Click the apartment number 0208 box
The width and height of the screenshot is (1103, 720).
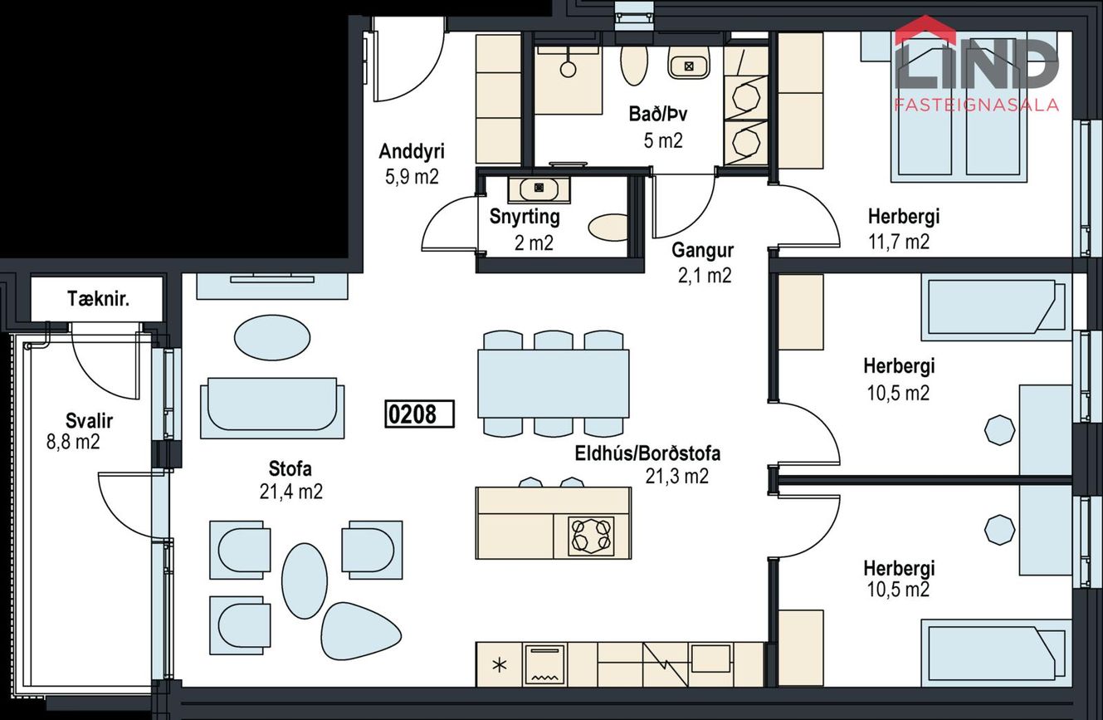tap(419, 414)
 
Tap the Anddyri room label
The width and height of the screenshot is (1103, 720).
tap(412, 151)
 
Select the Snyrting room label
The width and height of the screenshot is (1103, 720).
tap(525, 217)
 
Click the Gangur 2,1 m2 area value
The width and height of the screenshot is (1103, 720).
tap(705, 276)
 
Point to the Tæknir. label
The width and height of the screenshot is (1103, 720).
tap(99, 299)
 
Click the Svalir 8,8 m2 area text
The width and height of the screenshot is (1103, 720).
tap(73, 442)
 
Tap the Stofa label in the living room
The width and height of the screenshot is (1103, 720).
tap(290, 468)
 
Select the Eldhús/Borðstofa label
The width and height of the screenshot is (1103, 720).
tap(647, 453)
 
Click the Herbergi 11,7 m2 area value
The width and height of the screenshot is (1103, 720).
tap(899, 242)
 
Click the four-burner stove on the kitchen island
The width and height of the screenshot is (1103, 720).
tap(591, 535)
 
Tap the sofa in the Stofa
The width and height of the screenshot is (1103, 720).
tap(272, 408)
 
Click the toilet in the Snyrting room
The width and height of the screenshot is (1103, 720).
tap(608, 228)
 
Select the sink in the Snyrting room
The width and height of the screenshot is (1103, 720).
tap(539, 189)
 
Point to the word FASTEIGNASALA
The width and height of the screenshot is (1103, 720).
tap(977, 105)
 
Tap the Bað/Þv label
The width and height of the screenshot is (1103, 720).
tap(658, 115)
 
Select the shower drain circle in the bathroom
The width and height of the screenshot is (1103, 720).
tap(569, 70)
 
